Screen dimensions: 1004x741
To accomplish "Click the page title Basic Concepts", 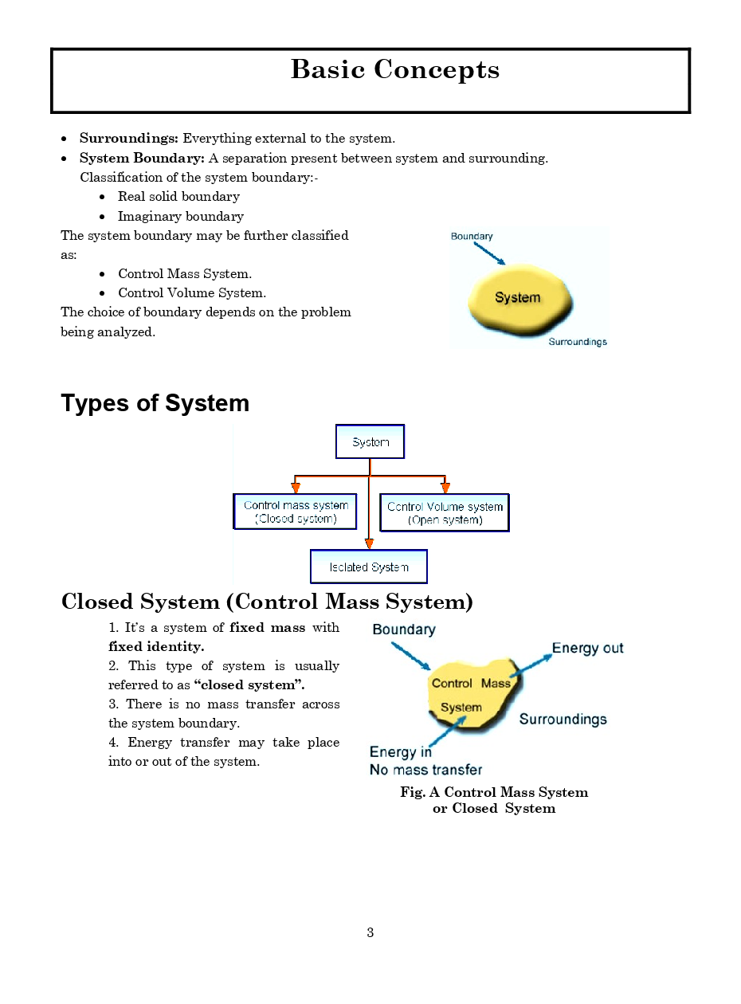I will coord(394,70).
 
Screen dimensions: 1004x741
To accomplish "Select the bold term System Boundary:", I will coord(142,158).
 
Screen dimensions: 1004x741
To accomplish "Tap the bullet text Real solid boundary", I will coord(178,197).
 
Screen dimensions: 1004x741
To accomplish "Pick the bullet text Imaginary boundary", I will coord(181,216).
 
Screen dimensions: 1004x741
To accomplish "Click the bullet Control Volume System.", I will coord(192,293).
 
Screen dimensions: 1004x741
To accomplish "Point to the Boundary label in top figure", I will coord(472,237).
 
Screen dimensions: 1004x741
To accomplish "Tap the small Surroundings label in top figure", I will coord(578,342).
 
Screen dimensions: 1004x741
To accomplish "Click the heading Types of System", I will coord(155,403).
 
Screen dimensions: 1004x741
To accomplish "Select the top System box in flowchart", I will coord(370,442).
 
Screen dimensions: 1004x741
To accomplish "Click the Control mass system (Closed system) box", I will coord(295,512).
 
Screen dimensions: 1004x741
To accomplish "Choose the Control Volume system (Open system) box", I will coord(445,512).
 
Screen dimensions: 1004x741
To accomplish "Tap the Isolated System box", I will coord(369,567).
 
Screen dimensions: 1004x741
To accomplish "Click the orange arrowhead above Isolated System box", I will coord(369,543).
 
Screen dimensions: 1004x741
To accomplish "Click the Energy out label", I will coord(587,649).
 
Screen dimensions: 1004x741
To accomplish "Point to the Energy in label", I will coord(400,752).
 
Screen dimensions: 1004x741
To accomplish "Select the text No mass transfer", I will coord(425,770).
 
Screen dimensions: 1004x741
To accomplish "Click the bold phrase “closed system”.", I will coord(249,685).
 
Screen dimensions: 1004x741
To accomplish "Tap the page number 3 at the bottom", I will coord(370,933).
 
